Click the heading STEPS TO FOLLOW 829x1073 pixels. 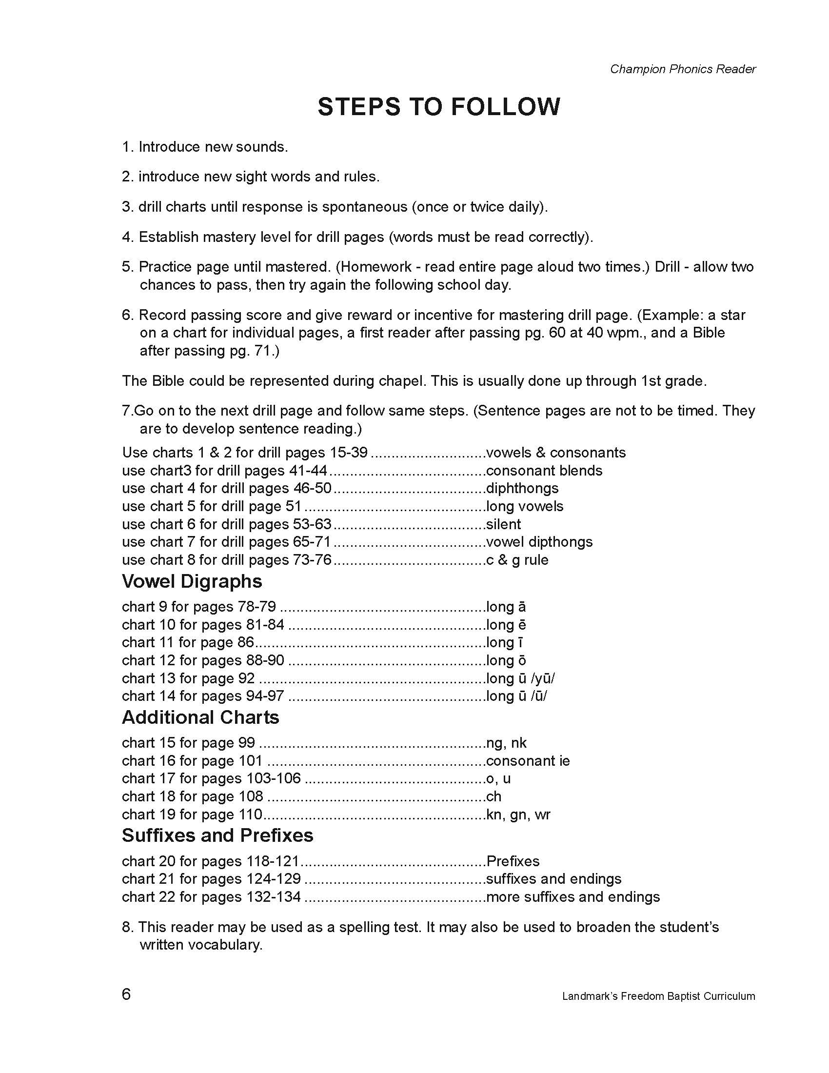[x=438, y=107]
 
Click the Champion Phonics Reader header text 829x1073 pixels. [x=683, y=69]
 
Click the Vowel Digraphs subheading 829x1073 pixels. [x=192, y=581]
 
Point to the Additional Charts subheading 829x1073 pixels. [x=200, y=717]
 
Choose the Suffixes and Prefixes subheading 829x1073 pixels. [x=217, y=835]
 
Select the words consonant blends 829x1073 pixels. [x=544, y=470]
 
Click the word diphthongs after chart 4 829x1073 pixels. [x=522, y=488]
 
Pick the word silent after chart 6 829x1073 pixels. [x=503, y=524]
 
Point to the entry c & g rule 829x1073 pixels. [x=517, y=559]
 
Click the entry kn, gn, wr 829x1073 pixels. [x=518, y=814]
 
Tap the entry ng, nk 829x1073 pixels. [x=506, y=743]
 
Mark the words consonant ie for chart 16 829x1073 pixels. [x=528, y=760]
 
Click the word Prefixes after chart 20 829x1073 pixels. [x=513, y=861]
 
